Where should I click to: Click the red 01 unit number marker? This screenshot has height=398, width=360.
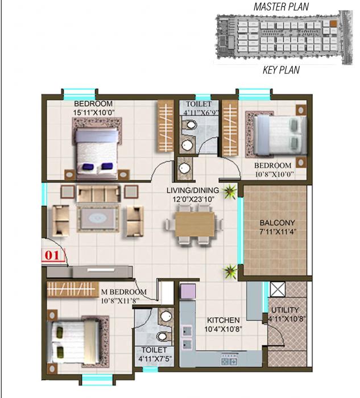(52, 255)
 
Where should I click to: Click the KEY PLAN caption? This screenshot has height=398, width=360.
(281, 71)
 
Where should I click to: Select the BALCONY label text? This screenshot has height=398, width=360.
(276, 223)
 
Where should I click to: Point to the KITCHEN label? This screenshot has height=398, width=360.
(222, 320)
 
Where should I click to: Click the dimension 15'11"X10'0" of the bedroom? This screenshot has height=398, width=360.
(93, 113)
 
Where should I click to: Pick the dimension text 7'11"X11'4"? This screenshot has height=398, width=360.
(276, 232)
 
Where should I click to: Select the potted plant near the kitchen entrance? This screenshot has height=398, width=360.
(230, 272)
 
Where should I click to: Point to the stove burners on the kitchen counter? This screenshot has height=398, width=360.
(227, 360)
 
